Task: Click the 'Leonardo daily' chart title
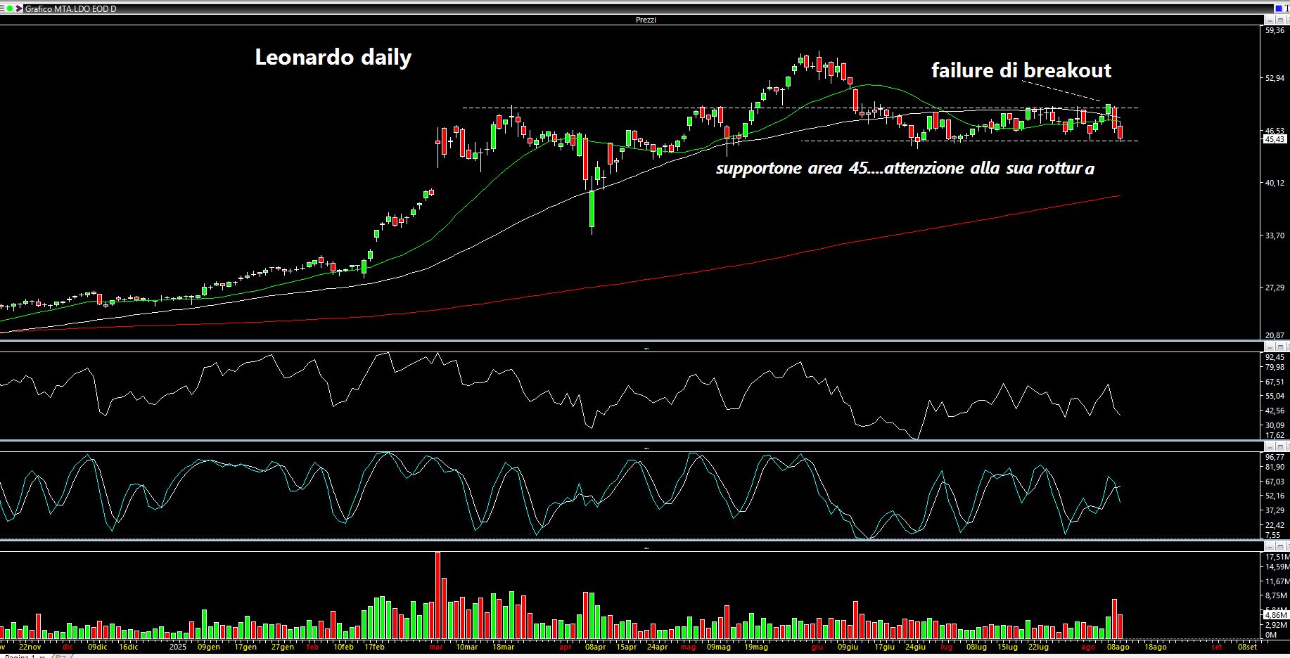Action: (333, 57)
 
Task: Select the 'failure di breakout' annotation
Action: (1021, 70)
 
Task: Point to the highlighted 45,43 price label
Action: (1275, 139)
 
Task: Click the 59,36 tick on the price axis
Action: (1275, 31)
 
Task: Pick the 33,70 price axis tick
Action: (1275, 236)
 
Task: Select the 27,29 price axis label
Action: (1275, 288)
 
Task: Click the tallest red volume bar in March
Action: (438, 595)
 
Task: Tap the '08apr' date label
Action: (595, 647)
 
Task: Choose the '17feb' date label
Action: (374, 647)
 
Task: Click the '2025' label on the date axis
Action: (177, 647)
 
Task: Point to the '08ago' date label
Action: (1118, 647)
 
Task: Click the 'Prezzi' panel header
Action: (645, 20)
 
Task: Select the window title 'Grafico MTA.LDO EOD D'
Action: (70, 8)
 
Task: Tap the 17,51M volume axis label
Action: (1276, 557)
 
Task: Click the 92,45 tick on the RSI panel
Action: (1275, 357)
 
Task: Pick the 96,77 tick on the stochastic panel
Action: (1275, 457)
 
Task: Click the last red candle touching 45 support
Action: (1120, 133)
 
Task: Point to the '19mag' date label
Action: (756, 647)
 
